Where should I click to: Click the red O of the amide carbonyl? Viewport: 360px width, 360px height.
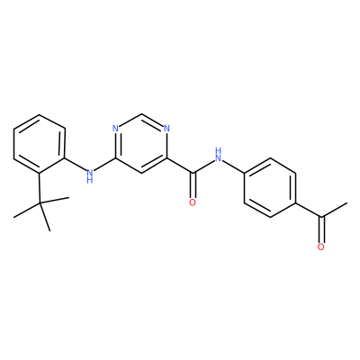pyautogui.click(x=193, y=202)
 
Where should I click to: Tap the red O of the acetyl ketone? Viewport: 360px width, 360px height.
pyautogui.click(x=321, y=247)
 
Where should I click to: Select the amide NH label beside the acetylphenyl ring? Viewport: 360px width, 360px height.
pyautogui.click(x=218, y=154)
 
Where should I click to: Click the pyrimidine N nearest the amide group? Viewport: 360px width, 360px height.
pyautogui.click(x=166, y=129)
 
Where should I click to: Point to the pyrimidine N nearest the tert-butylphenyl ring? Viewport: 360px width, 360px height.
pyautogui.click(x=115, y=129)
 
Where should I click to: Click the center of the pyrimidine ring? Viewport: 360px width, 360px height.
pyautogui.click(x=141, y=143)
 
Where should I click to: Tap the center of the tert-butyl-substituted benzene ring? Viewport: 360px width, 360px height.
pyautogui.click(x=40, y=144)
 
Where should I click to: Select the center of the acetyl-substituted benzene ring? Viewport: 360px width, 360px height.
pyautogui.click(x=270, y=187)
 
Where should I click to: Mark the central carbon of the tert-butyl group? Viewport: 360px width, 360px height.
pyautogui.click(x=40, y=203)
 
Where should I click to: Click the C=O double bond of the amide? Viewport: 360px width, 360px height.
pyautogui.click(x=193, y=185)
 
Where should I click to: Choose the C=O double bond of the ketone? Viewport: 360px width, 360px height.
pyautogui.click(x=321, y=229)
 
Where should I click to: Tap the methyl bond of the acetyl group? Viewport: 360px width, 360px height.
pyautogui.click(x=334, y=210)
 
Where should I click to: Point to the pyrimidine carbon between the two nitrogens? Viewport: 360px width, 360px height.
pyautogui.click(x=141, y=114)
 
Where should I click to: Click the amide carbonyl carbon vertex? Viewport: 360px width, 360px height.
pyautogui.click(x=193, y=173)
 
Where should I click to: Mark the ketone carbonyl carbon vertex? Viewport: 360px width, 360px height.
pyautogui.click(x=321, y=218)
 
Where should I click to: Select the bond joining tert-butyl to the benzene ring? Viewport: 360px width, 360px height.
pyautogui.click(x=40, y=188)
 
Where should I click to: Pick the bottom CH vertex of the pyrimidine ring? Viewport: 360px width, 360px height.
pyautogui.click(x=141, y=173)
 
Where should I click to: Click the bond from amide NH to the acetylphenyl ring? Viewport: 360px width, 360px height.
pyautogui.click(x=234, y=166)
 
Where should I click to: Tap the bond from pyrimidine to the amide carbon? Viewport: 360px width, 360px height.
pyautogui.click(x=180, y=166)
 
